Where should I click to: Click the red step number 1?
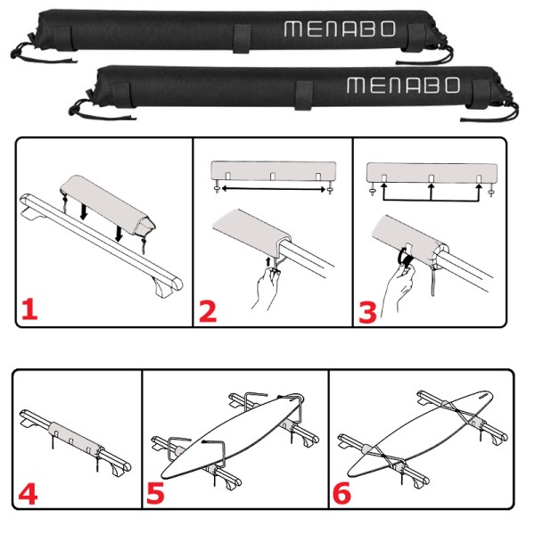click(29, 309)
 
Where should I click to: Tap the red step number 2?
click(208, 311)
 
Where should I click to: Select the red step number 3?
click(367, 312)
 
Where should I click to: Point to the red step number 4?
click(28, 494)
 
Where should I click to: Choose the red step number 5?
click(155, 493)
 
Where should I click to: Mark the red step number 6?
click(342, 493)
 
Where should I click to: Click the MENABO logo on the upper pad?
click(340, 29)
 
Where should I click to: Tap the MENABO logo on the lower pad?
click(403, 86)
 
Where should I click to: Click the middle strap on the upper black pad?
click(243, 38)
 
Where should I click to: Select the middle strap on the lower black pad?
click(303, 95)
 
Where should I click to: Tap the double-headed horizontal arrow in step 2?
click(274, 188)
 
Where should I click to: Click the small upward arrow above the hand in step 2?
click(268, 262)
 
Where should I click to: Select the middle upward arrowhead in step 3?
click(432, 186)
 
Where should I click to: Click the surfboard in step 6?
click(420, 433)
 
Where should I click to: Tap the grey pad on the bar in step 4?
click(75, 440)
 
